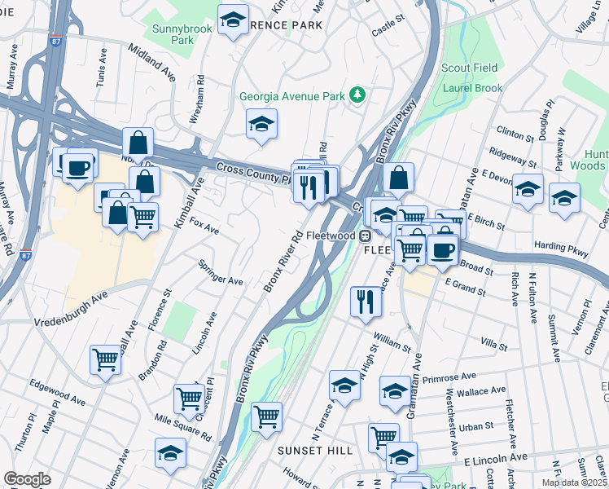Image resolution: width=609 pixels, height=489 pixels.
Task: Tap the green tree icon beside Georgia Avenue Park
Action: click(x=357, y=96)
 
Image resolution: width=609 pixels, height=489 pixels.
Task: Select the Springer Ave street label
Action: click(x=221, y=273)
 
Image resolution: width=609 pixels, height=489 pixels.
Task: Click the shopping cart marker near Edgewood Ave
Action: click(x=106, y=359)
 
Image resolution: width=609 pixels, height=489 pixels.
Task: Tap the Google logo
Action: click(x=27, y=478)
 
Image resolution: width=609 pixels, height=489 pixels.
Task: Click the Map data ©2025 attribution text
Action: click(x=574, y=482)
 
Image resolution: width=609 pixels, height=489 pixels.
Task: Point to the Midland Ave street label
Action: click(x=151, y=62)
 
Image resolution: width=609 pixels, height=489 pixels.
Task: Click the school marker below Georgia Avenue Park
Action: click(x=261, y=125)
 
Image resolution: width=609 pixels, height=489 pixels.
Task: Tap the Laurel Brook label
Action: click(x=473, y=87)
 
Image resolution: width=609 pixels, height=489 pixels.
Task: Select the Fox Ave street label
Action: click(x=204, y=226)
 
